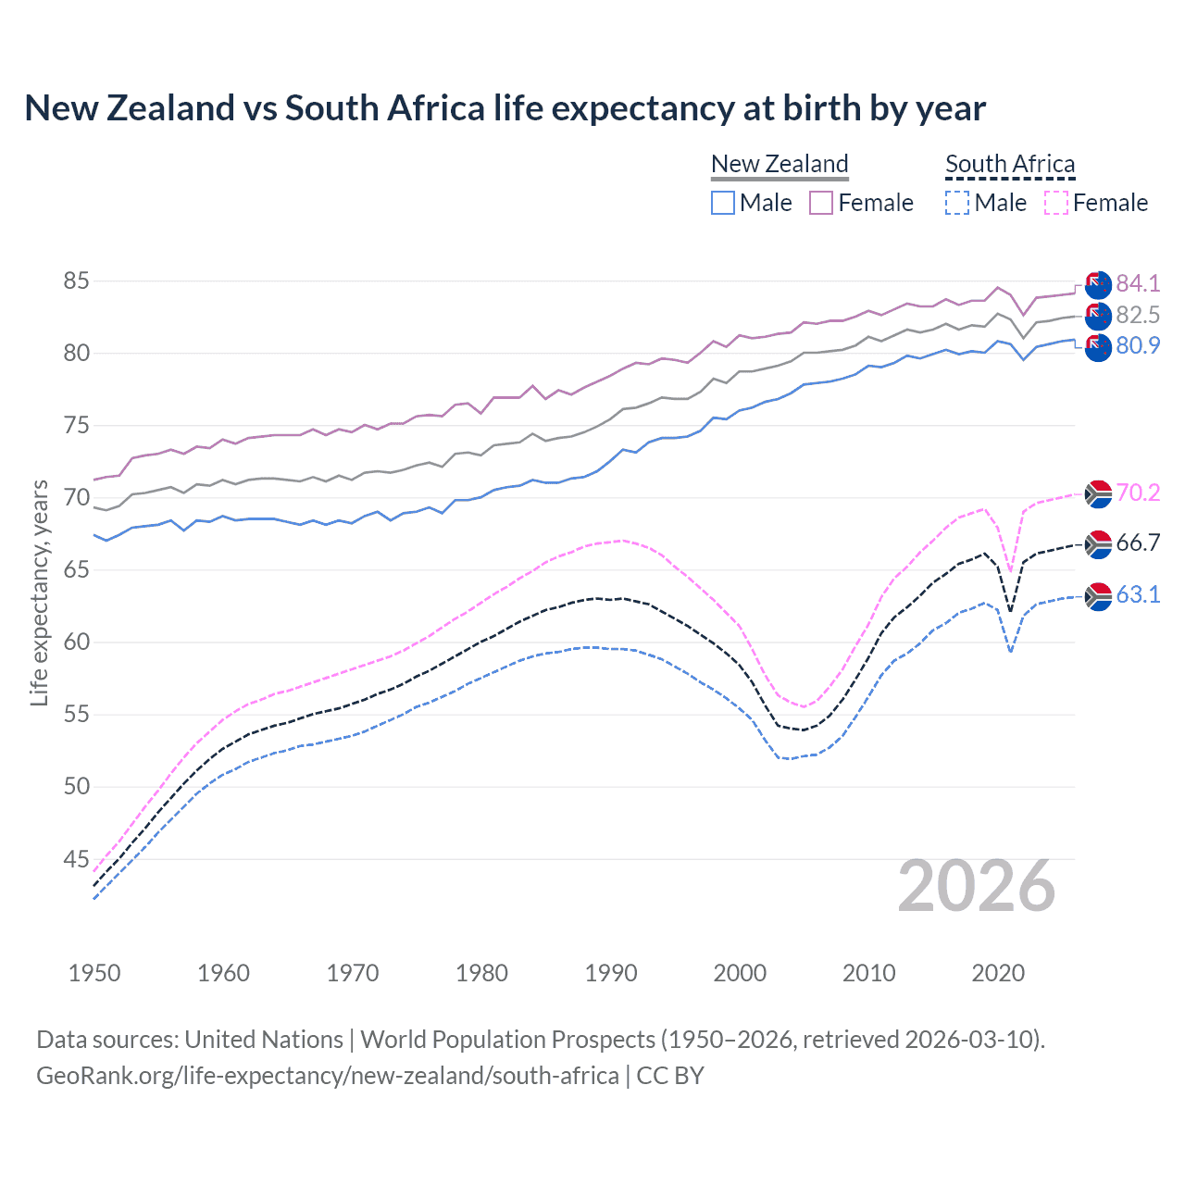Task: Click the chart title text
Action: tap(505, 108)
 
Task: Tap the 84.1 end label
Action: tap(1138, 283)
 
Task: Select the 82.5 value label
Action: tap(1138, 315)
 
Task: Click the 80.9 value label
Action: tap(1138, 346)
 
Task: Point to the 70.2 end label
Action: tap(1138, 493)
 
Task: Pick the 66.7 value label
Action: tap(1138, 543)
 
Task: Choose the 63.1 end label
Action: tap(1138, 594)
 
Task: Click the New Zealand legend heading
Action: tap(780, 164)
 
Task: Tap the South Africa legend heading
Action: tap(1010, 164)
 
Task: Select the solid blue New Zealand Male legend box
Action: tap(723, 203)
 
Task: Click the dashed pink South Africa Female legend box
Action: tap(1056, 203)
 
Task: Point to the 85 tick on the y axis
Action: tap(76, 281)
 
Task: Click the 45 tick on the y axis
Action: tap(76, 859)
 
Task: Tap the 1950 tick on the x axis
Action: tap(94, 973)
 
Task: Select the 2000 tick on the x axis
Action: tap(740, 973)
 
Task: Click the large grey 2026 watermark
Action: tap(977, 886)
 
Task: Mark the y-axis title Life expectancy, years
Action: tap(39, 592)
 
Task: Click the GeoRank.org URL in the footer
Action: tap(327, 1075)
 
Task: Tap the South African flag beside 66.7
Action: tap(1098, 544)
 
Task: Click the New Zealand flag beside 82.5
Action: tap(1098, 316)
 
